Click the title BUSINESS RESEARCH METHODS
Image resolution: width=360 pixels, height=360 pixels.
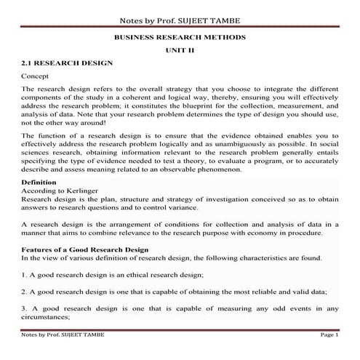pos(180,36)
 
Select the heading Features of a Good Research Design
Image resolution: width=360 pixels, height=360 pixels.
pos(85,249)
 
